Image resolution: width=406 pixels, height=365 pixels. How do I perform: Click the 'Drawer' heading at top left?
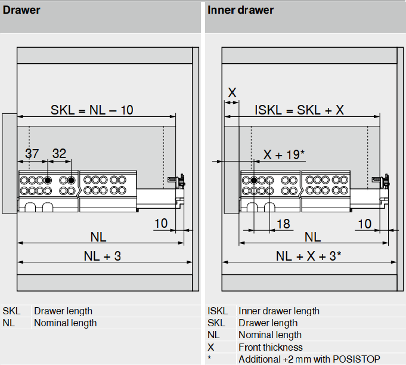point(22,10)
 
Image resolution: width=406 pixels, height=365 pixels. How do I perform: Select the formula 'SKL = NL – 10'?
point(92,110)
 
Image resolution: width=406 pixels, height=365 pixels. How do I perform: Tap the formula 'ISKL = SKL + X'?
point(299,110)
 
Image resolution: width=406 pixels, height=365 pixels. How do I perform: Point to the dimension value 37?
point(32,153)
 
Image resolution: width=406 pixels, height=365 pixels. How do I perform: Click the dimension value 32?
point(59,153)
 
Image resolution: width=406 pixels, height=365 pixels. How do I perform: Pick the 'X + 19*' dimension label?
point(284,154)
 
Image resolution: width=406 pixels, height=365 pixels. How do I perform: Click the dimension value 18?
point(284,224)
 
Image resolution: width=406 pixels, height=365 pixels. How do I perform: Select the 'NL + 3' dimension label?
point(102,256)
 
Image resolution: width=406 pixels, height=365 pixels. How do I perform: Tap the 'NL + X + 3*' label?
point(309,256)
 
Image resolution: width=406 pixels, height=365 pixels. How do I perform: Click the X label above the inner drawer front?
point(232,92)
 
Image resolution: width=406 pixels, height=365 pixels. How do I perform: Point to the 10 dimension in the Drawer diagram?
point(161,224)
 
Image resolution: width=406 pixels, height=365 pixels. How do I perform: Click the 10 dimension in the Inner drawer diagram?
point(365,224)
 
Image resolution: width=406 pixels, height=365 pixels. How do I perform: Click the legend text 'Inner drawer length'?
point(278,311)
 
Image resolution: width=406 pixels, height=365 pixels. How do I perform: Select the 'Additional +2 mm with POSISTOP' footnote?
point(309,359)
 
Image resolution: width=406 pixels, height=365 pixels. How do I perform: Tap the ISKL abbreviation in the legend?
point(218,311)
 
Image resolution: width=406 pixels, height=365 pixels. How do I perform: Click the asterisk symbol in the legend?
point(210,359)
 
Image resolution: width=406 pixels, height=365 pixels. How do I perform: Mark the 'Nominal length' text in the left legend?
point(65,323)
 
